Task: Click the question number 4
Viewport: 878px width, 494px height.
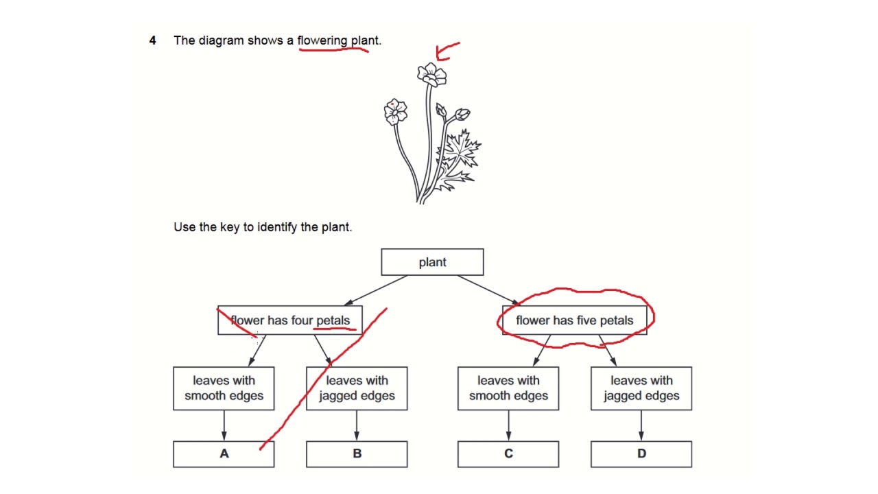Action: pyautogui.click(x=152, y=40)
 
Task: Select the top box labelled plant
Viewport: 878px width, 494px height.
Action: pyautogui.click(x=432, y=262)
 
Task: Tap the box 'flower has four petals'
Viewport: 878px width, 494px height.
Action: pyautogui.click(x=289, y=320)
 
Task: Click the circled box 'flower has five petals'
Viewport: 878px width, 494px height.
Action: pyautogui.click(x=575, y=320)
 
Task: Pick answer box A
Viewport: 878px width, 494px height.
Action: pyautogui.click(x=224, y=454)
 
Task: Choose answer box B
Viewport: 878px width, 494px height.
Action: pyautogui.click(x=357, y=454)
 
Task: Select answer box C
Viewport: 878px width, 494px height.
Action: pyautogui.click(x=508, y=454)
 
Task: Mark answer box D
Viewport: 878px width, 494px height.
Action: pyautogui.click(x=641, y=454)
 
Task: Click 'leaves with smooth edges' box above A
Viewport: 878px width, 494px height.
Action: pyautogui.click(x=224, y=388)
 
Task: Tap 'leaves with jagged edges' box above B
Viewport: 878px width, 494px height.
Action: pyautogui.click(x=357, y=388)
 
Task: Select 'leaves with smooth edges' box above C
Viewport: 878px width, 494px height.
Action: pyautogui.click(x=508, y=388)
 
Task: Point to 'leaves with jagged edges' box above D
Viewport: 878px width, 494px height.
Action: pyautogui.click(x=641, y=388)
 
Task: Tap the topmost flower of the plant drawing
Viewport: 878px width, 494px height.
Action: pyautogui.click(x=431, y=74)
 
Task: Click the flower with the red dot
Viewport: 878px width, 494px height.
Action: pyautogui.click(x=395, y=112)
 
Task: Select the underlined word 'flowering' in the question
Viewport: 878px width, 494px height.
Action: pyautogui.click(x=322, y=40)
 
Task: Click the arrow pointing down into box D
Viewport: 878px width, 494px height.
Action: pyautogui.click(x=641, y=425)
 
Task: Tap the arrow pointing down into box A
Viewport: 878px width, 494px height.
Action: pyautogui.click(x=224, y=425)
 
